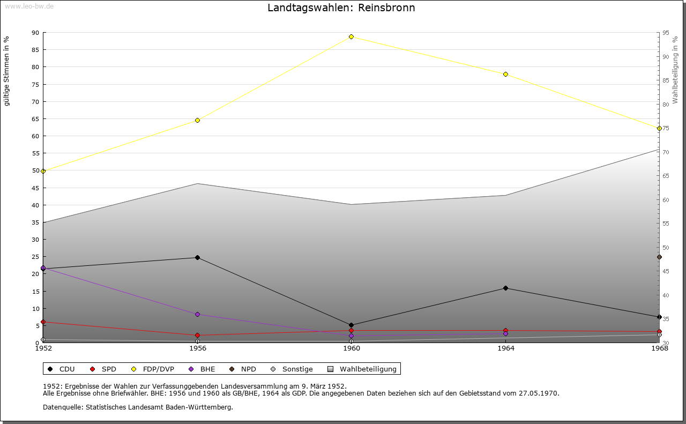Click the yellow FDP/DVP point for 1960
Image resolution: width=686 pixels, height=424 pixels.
click(x=351, y=37)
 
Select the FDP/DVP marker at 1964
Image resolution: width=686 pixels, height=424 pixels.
click(x=505, y=74)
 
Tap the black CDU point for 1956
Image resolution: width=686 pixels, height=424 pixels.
click(x=198, y=258)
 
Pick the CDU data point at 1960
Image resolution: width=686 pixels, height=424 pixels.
click(x=351, y=325)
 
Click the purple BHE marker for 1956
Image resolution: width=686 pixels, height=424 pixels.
click(x=198, y=314)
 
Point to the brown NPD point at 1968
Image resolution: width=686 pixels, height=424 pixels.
click(x=659, y=257)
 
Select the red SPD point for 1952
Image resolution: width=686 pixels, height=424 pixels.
click(x=43, y=322)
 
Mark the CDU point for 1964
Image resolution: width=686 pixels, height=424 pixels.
click(x=505, y=288)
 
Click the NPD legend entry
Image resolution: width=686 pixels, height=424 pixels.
click(x=243, y=369)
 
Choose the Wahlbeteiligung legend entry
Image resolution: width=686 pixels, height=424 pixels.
click(x=362, y=369)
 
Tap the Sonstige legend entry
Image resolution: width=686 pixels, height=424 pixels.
click(x=292, y=369)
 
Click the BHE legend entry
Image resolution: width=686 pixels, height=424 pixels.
click(x=202, y=369)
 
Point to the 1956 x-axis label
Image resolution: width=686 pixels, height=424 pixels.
click(x=198, y=348)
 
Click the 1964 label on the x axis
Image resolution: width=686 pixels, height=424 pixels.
click(x=506, y=348)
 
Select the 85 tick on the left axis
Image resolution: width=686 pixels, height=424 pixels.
click(x=35, y=50)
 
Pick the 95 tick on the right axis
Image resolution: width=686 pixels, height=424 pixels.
click(x=666, y=33)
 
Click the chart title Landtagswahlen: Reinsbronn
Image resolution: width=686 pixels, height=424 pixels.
click(x=341, y=8)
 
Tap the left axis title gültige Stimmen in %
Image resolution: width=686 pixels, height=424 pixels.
click(x=6, y=71)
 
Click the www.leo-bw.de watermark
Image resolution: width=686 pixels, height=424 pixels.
click(x=29, y=6)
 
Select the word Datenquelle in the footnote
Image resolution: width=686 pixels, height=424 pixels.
click(x=63, y=407)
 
